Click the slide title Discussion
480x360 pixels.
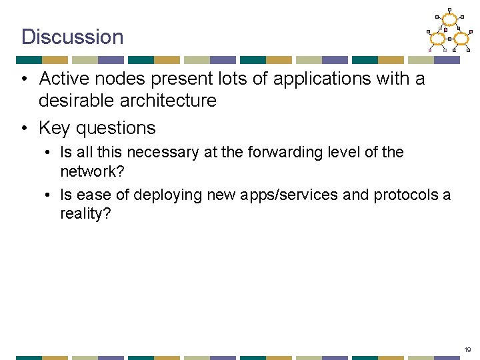click(72, 37)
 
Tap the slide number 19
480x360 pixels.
click(468, 349)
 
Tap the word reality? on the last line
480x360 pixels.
click(85, 214)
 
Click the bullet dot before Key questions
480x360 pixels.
click(24, 127)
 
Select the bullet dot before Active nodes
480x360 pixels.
click(24, 79)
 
